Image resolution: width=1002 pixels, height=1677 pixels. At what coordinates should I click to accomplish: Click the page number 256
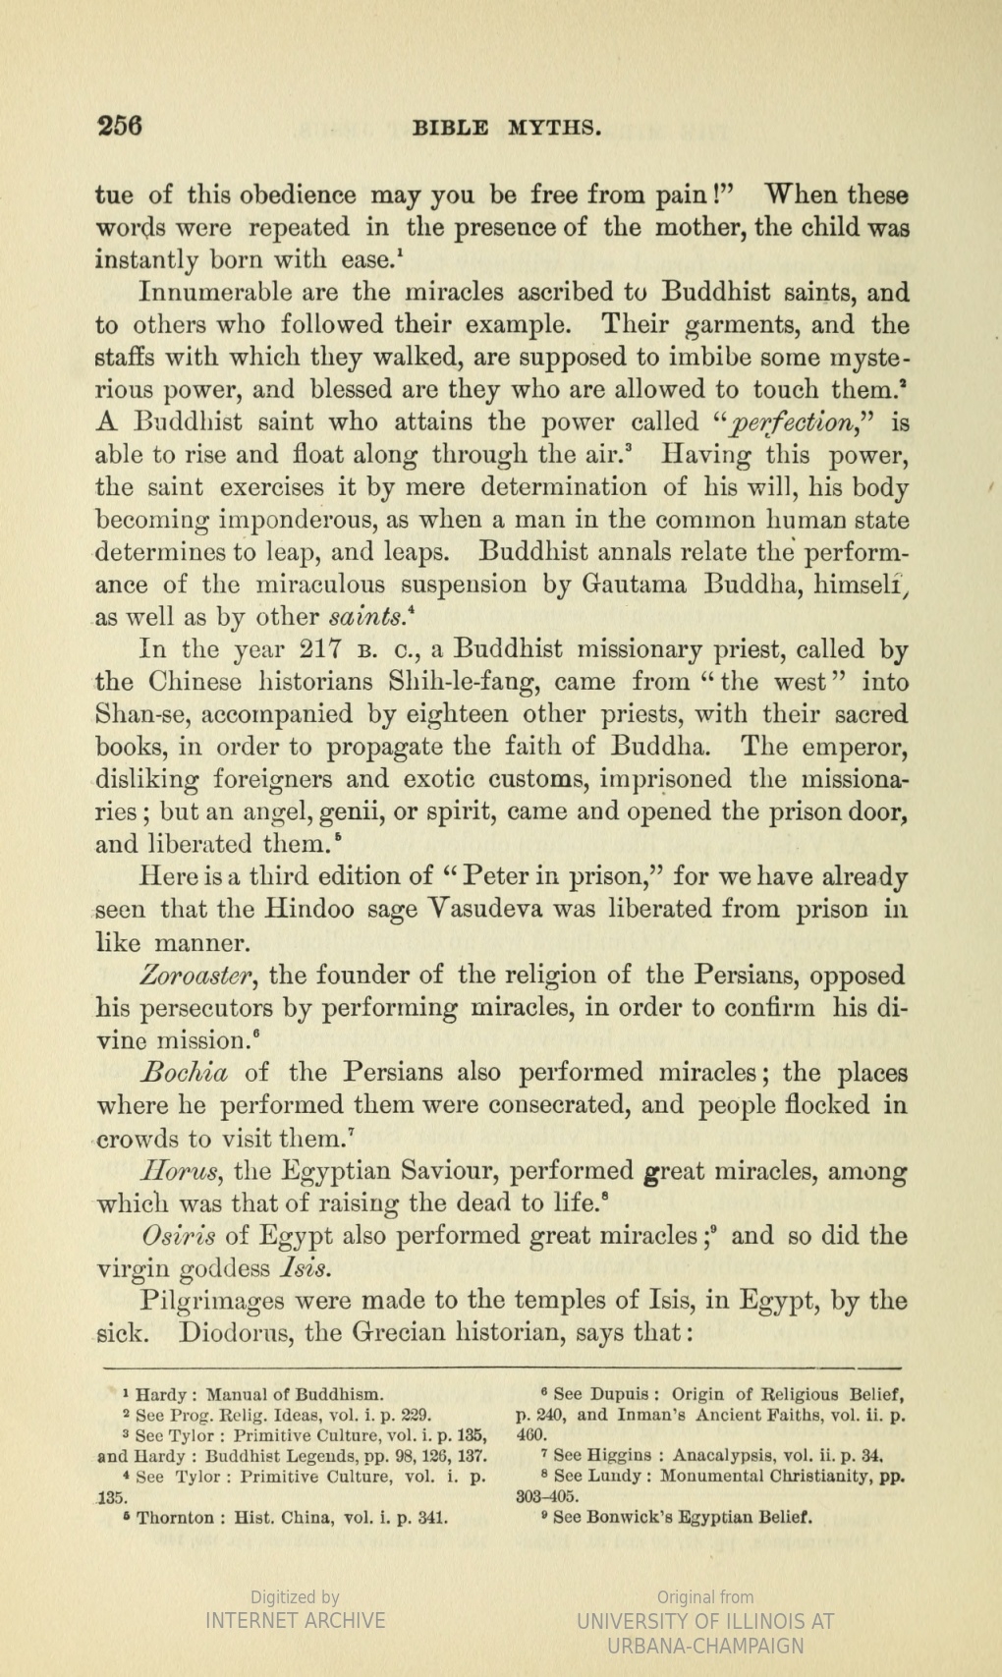click(120, 126)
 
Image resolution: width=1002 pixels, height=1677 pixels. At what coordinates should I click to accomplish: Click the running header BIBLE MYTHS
click(506, 128)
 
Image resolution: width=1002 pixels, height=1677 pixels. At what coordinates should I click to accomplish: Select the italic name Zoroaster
click(199, 976)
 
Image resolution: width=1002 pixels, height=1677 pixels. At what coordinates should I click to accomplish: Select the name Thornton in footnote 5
click(174, 1517)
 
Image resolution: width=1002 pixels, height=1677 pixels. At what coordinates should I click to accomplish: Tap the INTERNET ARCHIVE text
click(295, 1620)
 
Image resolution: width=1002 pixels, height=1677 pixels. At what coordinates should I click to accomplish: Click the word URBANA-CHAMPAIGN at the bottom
click(705, 1646)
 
